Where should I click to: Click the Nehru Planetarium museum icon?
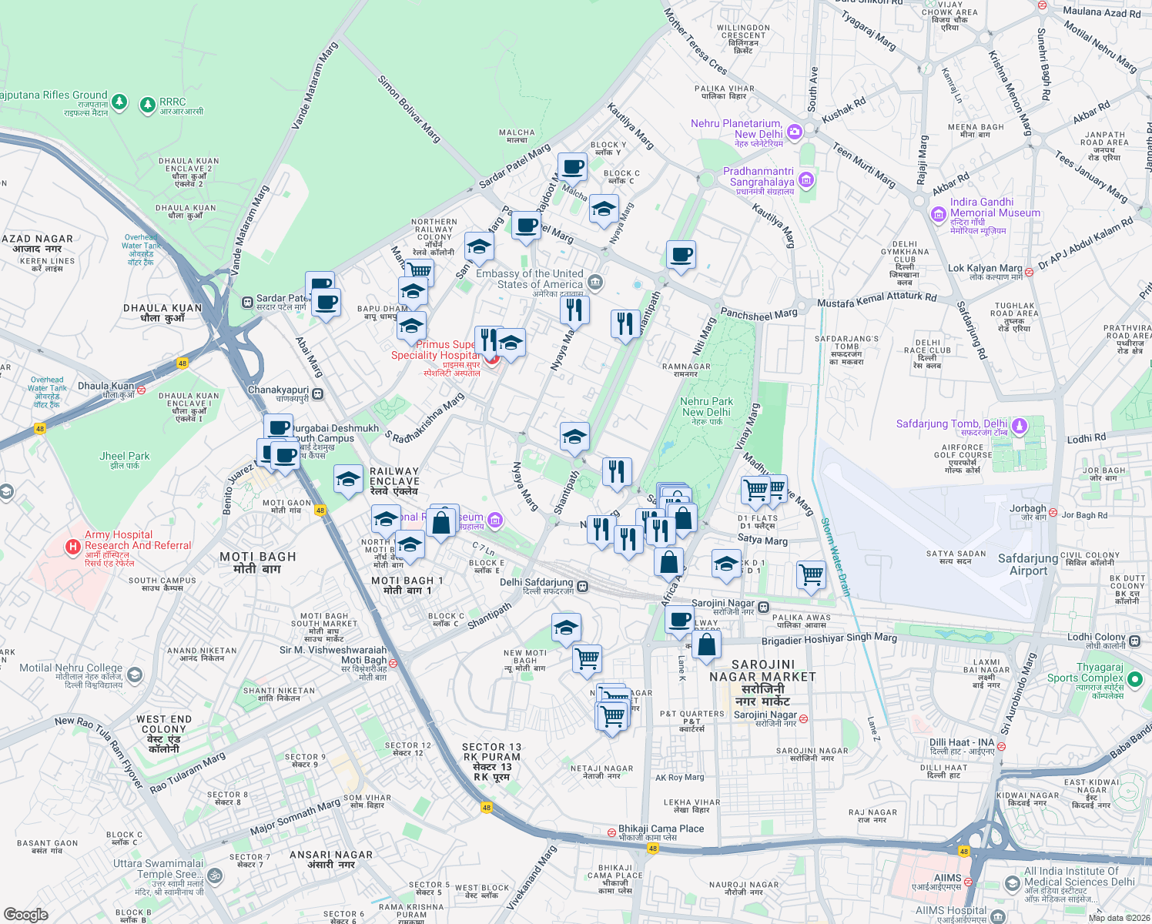point(795,132)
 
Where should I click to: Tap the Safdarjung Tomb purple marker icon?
point(1020,425)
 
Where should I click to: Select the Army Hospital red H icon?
point(72,547)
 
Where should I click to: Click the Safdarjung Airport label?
point(1028,564)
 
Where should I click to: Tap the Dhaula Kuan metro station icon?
point(141,390)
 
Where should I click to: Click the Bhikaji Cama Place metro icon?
point(611,832)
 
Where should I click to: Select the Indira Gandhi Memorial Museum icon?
point(938,214)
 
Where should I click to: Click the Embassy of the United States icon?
point(594,283)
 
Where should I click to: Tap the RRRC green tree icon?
point(147,104)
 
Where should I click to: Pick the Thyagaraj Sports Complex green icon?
point(1134,678)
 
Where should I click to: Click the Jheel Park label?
point(125,460)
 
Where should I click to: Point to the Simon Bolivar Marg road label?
point(408,109)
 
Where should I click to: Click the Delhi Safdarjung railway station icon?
point(583,587)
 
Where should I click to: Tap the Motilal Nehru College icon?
point(135,675)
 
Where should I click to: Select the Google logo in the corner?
point(25,914)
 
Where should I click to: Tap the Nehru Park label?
point(707,407)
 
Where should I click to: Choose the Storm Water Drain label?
point(836,557)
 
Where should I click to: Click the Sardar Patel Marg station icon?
point(247,302)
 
